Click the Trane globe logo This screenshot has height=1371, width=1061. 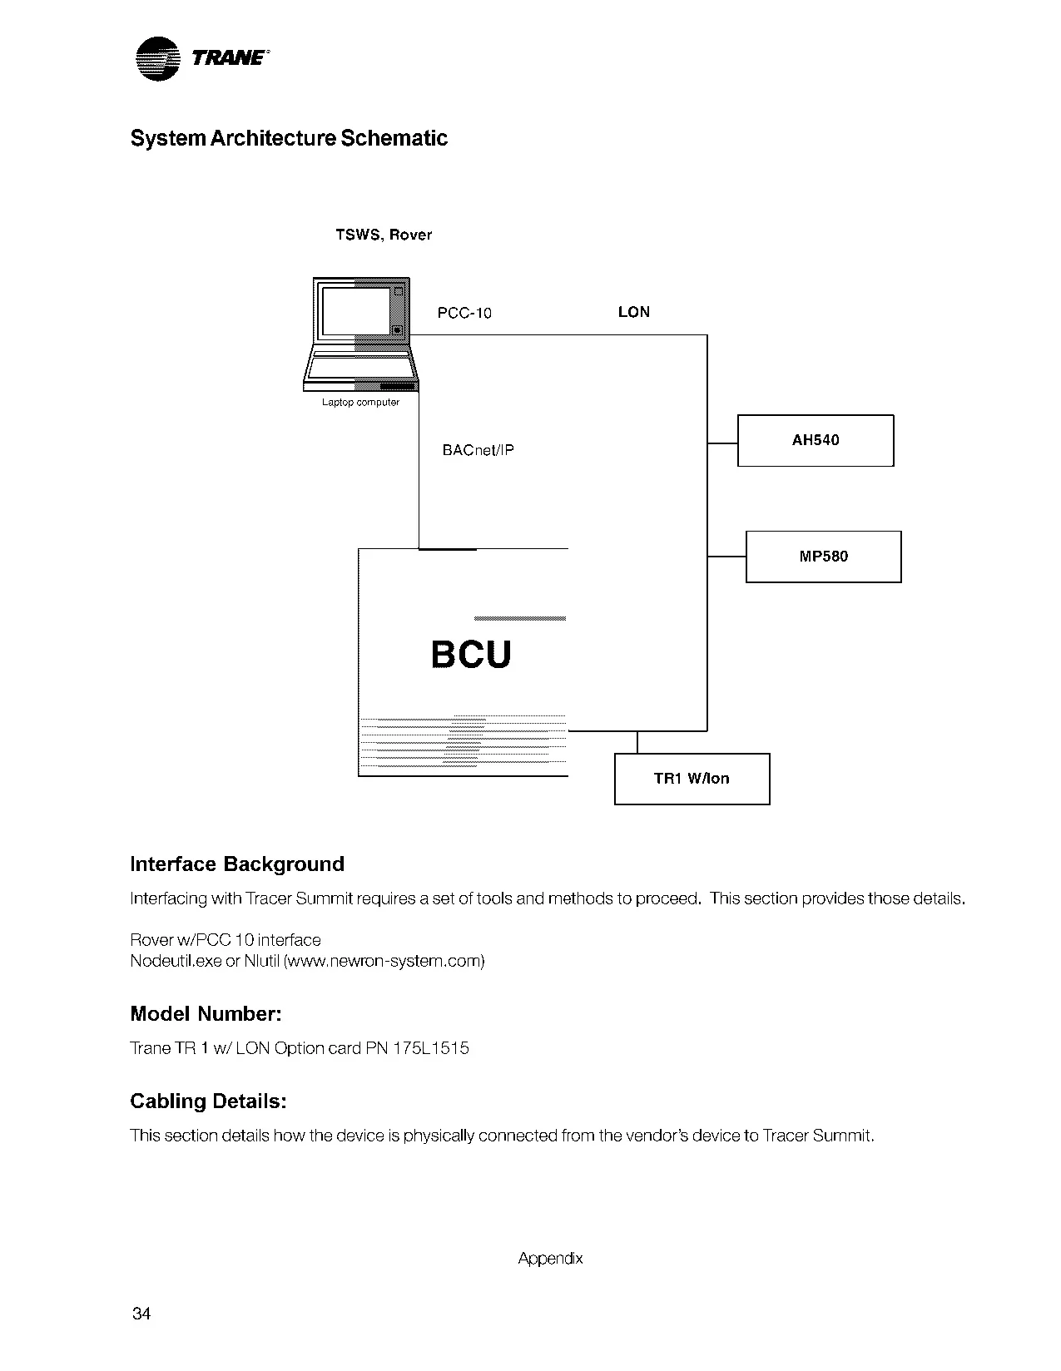click(158, 59)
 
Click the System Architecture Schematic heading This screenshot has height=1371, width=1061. click(289, 138)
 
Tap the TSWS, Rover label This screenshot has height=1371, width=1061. click(384, 235)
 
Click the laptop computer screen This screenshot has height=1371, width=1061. click(356, 311)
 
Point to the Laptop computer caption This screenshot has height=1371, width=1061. click(360, 403)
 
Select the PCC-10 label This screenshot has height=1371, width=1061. click(464, 313)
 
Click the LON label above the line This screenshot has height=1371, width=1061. click(633, 312)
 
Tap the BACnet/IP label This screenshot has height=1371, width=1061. click(478, 450)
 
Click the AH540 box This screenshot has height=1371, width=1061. click(816, 440)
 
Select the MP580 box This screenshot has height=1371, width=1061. click(823, 557)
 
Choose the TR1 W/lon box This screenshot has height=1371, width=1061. click(692, 779)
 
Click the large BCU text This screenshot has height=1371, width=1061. click(471, 654)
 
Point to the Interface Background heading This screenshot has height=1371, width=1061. click(237, 864)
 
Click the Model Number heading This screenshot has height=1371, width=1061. click(206, 1013)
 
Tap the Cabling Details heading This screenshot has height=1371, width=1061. click(208, 1101)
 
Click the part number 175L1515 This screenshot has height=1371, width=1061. click(431, 1048)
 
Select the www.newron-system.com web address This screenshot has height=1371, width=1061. click(384, 961)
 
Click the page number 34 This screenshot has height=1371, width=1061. click(141, 1314)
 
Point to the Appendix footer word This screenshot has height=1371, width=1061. click(550, 1258)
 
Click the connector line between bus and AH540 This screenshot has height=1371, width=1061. click(722, 443)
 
